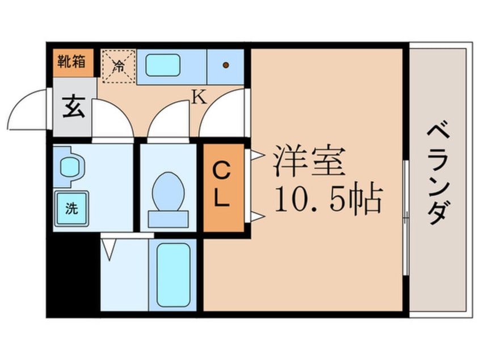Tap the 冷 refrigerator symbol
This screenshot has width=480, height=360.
(119, 66)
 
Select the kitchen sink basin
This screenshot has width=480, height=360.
(163, 65)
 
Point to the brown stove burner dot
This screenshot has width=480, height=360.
(226, 65)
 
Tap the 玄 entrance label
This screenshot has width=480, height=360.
(74, 107)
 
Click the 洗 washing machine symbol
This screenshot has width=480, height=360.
(71, 208)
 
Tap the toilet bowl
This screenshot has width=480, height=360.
(169, 190)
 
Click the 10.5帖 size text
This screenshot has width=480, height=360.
(326, 199)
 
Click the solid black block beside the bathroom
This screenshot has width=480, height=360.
(73, 273)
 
